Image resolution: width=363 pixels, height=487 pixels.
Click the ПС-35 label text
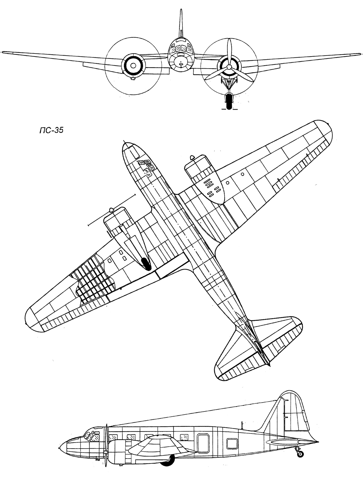51,130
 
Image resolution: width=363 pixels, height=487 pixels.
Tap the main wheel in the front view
229,101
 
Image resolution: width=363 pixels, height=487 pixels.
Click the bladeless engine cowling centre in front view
133,66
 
